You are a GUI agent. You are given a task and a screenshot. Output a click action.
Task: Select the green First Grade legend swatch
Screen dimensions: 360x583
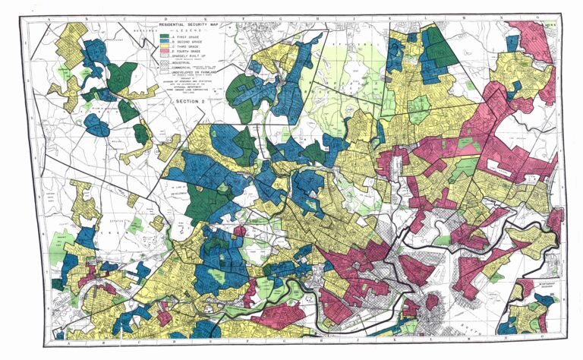pos(164,36)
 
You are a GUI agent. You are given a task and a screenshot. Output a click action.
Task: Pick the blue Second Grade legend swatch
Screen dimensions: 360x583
pos(164,42)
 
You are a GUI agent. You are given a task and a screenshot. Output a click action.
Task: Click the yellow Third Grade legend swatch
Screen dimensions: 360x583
pos(164,46)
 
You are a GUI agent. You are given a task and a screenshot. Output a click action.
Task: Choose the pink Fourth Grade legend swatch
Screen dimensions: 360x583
pos(164,52)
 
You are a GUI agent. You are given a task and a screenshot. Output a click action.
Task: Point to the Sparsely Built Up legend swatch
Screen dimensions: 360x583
pos(164,55)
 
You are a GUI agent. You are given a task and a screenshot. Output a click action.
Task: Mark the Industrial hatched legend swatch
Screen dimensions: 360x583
pos(164,62)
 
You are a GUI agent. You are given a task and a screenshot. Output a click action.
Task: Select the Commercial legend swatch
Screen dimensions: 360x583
pos(164,67)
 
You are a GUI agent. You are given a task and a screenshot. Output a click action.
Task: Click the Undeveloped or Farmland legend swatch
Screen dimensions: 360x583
pos(164,71)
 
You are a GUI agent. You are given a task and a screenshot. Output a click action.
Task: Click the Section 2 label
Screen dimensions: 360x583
pos(191,101)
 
